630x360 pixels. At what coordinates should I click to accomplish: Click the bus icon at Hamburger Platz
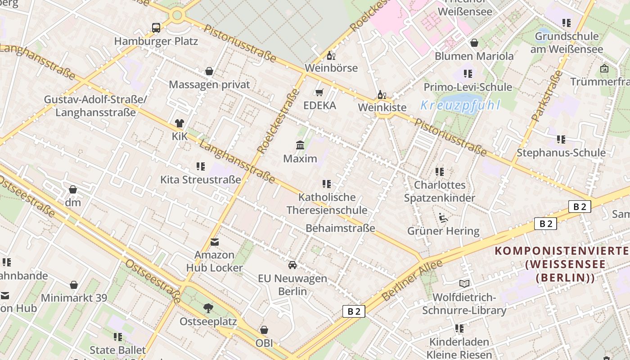pos(156,28)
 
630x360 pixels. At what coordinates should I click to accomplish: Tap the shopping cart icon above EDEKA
pos(319,93)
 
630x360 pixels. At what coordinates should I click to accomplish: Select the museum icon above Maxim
pos(300,145)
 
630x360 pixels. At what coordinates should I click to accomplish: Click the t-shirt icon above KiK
pos(180,123)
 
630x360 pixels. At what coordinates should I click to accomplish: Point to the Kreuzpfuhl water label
pos(460,105)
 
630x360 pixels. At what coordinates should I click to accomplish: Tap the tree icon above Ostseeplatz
pos(208,308)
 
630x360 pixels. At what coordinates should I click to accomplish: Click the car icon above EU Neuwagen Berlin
pos(292,265)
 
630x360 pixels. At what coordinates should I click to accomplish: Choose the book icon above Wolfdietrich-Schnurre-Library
pos(464,283)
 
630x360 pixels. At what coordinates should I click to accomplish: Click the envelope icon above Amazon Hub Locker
pos(215,242)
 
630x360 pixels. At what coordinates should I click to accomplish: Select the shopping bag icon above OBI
pos(264,330)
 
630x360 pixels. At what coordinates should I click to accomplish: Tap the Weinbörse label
pos(331,68)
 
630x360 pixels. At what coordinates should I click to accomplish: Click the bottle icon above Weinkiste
pos(382,94)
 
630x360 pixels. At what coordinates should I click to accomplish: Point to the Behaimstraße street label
pos(340,228)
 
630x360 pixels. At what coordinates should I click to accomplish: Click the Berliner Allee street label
pos(412,281)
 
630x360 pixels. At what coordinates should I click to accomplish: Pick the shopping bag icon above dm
pos(73,189)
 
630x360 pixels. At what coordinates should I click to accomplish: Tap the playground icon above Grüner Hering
pos(443,218)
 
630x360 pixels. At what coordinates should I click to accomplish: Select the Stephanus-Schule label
pos(561,153)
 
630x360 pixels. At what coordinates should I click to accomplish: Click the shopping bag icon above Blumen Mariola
pos(474,43)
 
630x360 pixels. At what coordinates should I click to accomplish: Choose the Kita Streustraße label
pos(201,180)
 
